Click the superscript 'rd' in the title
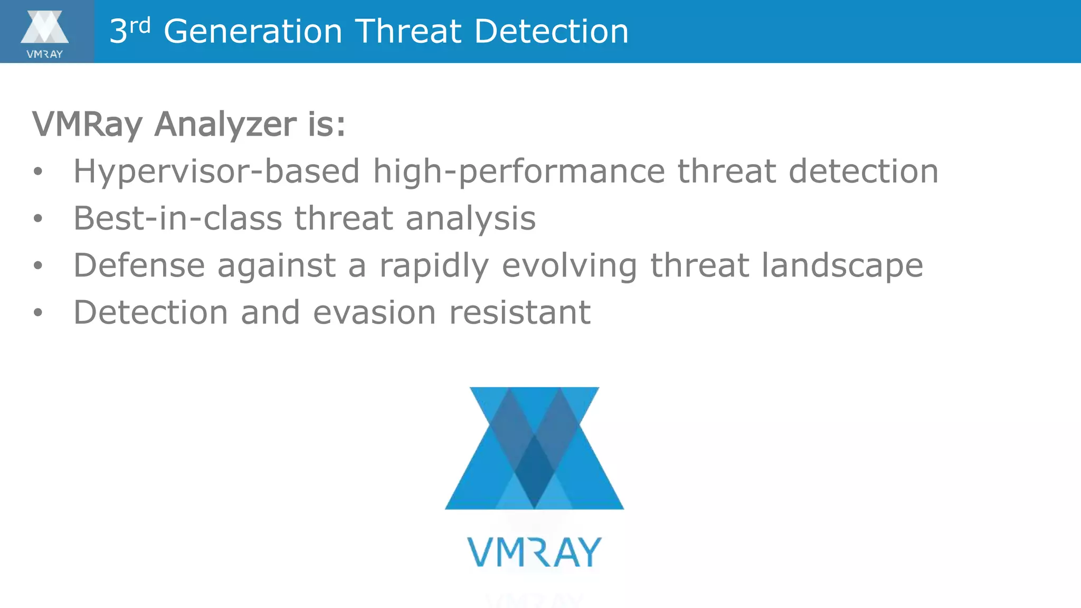(x=140, y=25)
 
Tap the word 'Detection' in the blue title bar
(x=551, y=31)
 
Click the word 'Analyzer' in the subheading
(x=225, y=125)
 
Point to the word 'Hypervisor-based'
(x=216, y=172)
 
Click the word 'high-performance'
(x=519, y=172)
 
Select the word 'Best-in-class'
(x=177, y=218)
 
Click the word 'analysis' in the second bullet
(x=470, y=218)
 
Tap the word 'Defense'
(x=139, y=265)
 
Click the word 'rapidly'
(x=434, y=266)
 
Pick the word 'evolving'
(x=569, y=266)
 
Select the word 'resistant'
(x=519, y=312)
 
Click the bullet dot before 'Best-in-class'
(x=37, y=218)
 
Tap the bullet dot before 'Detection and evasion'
(x=37, y=312)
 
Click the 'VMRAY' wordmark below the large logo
(x=534, y=552)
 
